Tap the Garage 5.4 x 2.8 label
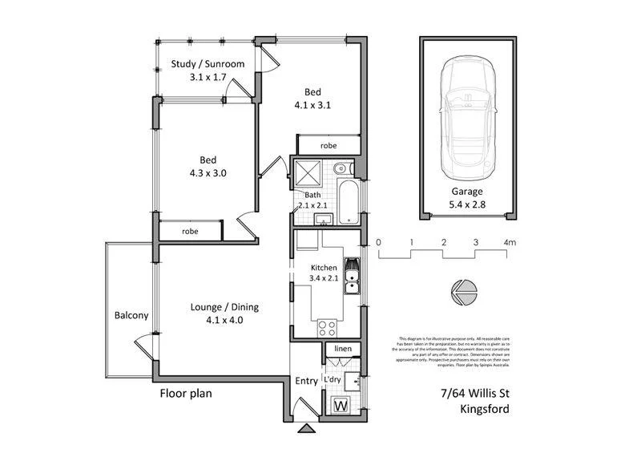467,199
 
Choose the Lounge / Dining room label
224,313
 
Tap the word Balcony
131,315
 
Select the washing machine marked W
339,406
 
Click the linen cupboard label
343,350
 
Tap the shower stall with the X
307,174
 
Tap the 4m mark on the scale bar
509,241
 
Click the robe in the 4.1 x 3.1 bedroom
329,146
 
